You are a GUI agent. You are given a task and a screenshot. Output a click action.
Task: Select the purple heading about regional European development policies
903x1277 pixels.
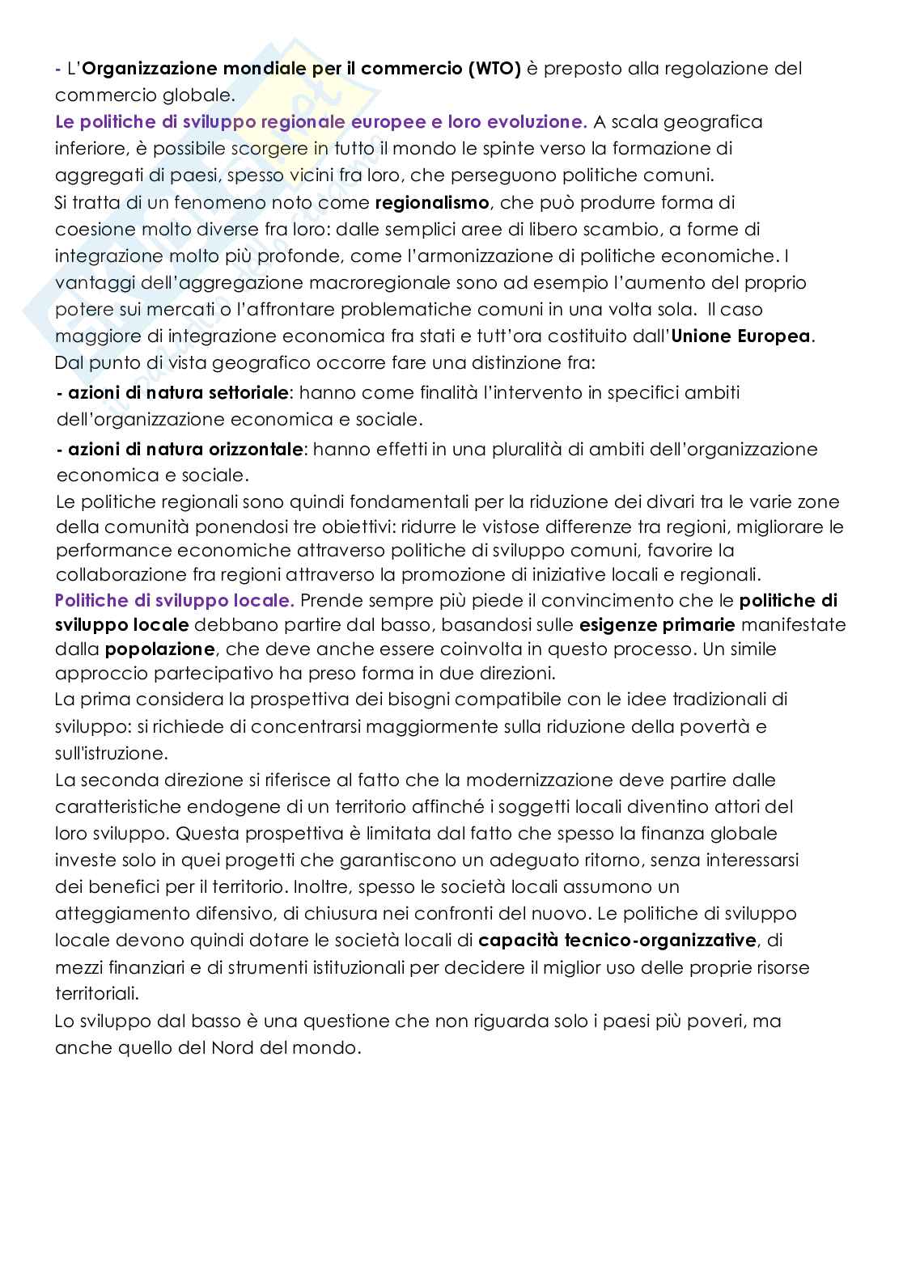(320, 122)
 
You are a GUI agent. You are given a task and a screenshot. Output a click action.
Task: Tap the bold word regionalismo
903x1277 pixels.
(432, 202)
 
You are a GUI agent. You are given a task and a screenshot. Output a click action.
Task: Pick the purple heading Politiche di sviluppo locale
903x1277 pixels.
(174, 600)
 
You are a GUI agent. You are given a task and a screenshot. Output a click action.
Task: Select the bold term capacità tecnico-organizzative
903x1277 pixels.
(618, 941)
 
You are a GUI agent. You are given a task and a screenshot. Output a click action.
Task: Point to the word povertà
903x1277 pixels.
(722, 726)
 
